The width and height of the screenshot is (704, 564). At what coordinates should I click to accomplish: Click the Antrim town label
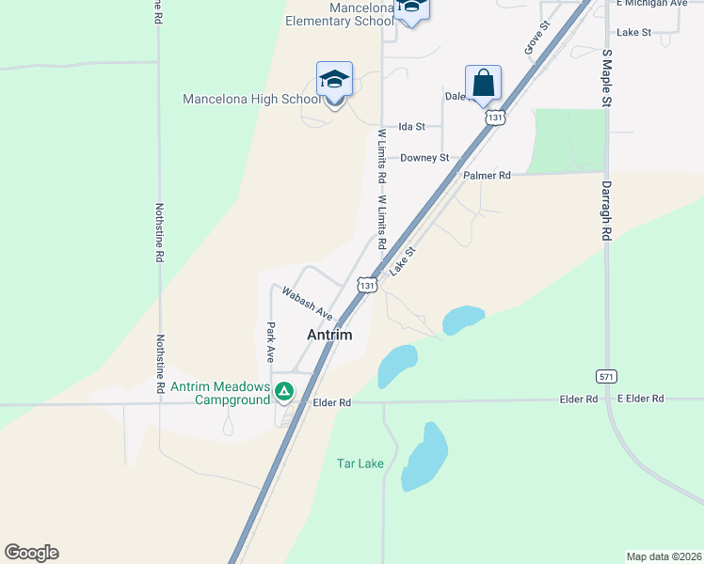click(x=329, y=335)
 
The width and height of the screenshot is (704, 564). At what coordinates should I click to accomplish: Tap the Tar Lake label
click(x=360, y=463)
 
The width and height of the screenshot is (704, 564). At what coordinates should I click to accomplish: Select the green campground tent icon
click(x=281, y=387)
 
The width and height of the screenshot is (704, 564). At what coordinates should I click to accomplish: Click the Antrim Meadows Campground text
click(x=219, y=394)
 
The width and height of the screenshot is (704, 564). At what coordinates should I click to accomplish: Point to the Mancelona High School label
click(x=251, y=99)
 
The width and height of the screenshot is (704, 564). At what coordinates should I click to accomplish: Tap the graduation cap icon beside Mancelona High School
click(x=334, y=80)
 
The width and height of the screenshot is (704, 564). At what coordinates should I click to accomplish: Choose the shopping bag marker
click(x=483, y=83)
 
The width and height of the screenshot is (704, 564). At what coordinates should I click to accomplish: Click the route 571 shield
click(x=607, y=376)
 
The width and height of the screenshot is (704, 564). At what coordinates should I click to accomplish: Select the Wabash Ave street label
click(x=307, y=303)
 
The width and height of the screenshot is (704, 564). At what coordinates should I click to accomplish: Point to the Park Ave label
click(x=270, y=342)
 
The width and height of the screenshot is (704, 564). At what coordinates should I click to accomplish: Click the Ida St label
click(x=412, y=126)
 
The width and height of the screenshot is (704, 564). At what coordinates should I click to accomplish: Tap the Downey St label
click(x=424, y=158)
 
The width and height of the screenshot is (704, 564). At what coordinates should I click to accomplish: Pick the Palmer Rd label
click(x=487, y=176)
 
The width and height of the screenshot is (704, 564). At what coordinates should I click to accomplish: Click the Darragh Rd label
click(x=606, y=211)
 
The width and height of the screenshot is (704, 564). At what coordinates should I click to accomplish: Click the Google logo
click(x=31, y=553)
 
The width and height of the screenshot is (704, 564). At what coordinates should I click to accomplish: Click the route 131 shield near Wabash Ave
click(x=367, y=284)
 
